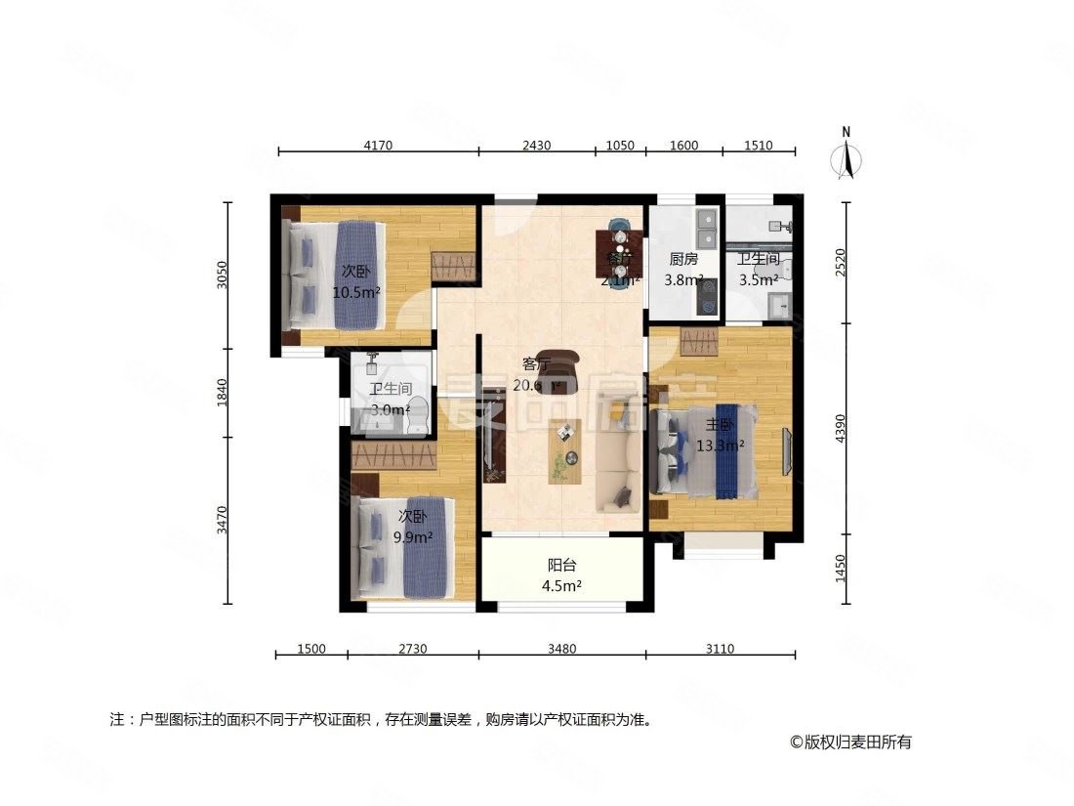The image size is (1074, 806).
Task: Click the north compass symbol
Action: click(x=847, y=157)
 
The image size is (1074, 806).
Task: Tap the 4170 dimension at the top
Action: click(x=378, y=146)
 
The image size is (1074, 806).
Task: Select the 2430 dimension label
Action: click(x=536, y=146)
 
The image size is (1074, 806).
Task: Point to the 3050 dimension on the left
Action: click(x=223, y=276)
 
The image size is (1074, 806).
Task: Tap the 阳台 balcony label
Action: click(x=561, y=567)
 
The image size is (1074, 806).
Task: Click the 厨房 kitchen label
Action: click(x=683, y=260)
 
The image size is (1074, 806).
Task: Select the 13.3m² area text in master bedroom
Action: click(x=721, y=445)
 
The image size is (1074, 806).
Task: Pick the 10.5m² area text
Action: click(x=356, y=291)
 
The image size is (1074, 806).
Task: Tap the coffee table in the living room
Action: click(x=564, y=450)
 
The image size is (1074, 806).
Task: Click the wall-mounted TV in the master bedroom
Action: click(x=787, y=450)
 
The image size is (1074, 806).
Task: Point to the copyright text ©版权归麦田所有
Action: click(x=850, y=742)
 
